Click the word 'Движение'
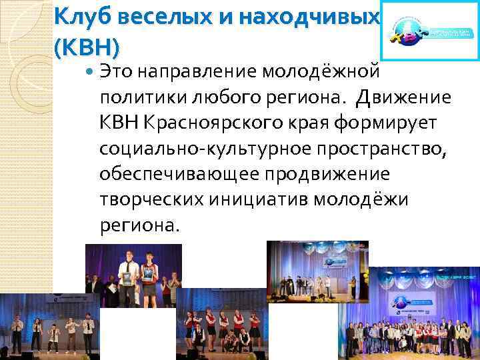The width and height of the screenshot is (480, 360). coord(403,98)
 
